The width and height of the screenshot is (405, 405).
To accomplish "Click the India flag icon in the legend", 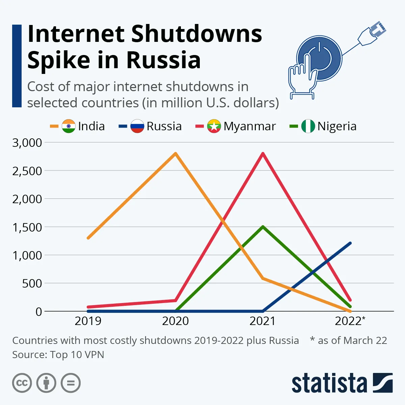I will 69,126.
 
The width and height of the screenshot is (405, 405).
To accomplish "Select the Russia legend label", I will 164,126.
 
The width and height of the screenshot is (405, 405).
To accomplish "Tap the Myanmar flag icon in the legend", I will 214,126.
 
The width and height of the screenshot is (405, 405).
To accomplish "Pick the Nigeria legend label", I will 337,126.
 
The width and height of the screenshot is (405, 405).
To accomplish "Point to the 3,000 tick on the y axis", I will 27,143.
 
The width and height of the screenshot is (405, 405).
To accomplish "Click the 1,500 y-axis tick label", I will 27,227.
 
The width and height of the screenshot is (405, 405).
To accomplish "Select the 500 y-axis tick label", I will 32,283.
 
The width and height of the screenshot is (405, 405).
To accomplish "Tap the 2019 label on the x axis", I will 88,321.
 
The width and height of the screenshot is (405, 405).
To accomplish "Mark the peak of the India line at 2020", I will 175,154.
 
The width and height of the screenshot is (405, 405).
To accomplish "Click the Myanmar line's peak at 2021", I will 263,154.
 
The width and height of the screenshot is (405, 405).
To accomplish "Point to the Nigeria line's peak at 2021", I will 263,226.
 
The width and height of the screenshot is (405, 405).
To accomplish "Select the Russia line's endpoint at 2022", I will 350,243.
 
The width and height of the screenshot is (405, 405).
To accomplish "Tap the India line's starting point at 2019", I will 88,238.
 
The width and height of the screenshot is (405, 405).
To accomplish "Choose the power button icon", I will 319,58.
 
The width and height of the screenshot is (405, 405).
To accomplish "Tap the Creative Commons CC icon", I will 22,383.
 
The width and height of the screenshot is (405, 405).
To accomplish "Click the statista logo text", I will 329,384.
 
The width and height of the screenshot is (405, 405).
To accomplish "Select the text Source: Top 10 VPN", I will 58,355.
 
